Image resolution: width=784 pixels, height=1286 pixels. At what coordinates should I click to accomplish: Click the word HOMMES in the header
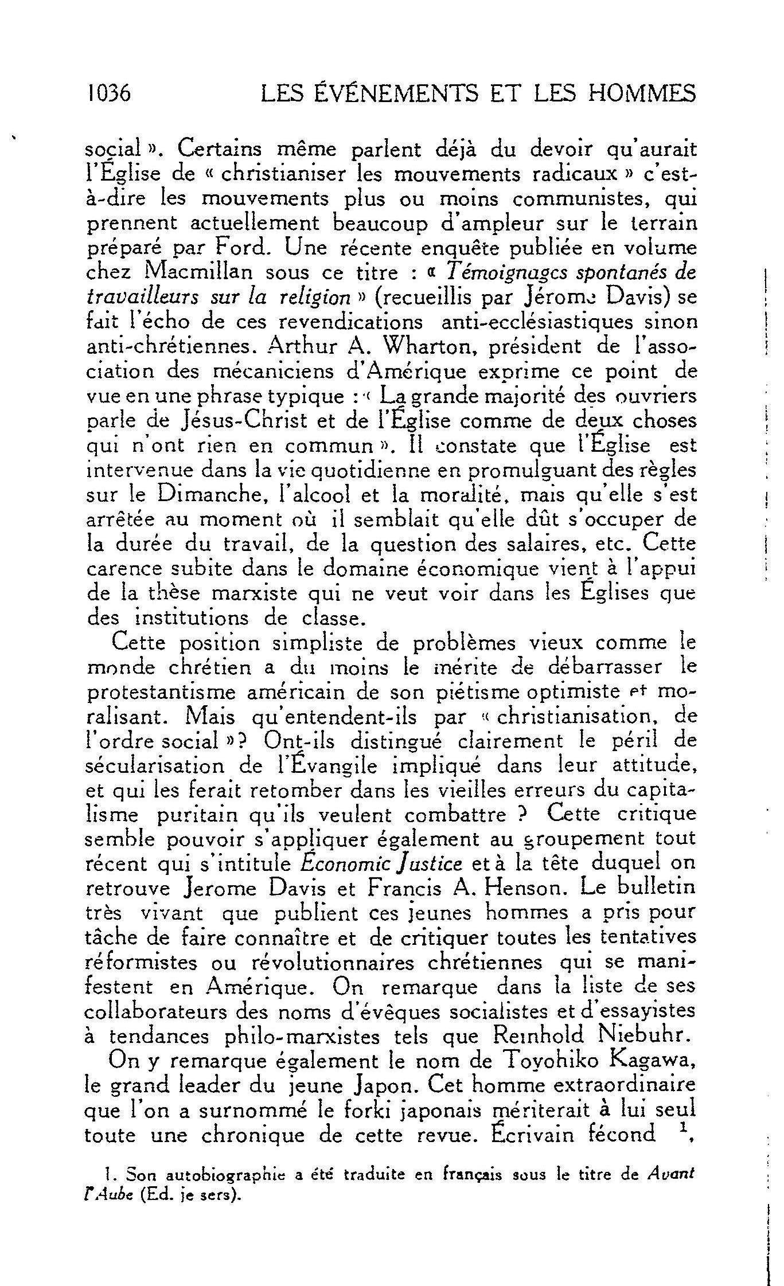pyautogui.click(x=638, y=93)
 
